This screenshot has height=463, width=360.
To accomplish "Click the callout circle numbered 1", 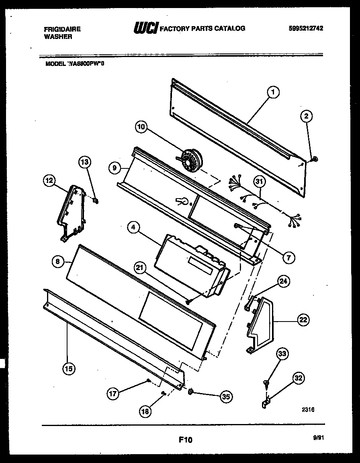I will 273,93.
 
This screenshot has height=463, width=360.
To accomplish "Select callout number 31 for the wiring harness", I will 260,182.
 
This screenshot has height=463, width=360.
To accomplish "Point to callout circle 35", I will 226,396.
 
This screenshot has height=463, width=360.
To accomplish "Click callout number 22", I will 303,320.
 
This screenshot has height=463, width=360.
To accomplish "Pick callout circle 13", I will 85,162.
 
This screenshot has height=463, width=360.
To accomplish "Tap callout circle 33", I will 282,354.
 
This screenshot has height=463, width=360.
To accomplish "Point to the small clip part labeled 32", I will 266,403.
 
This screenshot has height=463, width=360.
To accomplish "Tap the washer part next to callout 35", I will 191,391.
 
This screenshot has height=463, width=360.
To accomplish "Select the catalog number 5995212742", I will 306,29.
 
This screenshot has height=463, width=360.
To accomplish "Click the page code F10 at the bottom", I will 186,440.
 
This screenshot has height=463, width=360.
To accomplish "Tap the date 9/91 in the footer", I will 318,439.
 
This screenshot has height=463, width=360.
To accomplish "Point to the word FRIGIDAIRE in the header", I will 62,29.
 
